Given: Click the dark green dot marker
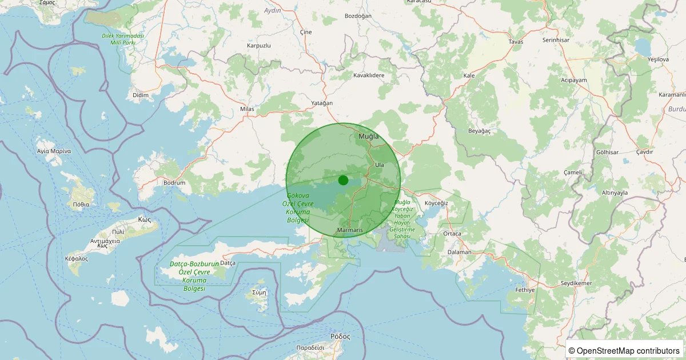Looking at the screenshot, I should (x=343, y=180).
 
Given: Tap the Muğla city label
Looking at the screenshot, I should (x=369, y=137).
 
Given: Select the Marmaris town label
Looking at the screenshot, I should (x=350, y=230).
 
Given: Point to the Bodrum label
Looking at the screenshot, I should (x=174, y=183).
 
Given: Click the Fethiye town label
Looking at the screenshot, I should (x=525, y=290).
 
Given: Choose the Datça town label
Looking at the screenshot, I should (x=228, y=263).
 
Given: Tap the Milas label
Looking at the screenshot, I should (x=247, y=109).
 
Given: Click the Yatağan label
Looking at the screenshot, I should (x=321, y=103).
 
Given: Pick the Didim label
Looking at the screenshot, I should (x=140, y=95).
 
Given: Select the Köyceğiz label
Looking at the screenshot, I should (x=436, y=203).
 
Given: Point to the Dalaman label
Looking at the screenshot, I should (x=460, y=252).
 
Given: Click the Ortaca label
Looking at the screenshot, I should (x=452, y=234).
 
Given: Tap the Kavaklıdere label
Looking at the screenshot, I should (x=369, y=75).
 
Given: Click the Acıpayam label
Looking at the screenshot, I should (x=574, y=81).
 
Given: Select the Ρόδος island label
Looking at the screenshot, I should (x=340, y=337).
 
